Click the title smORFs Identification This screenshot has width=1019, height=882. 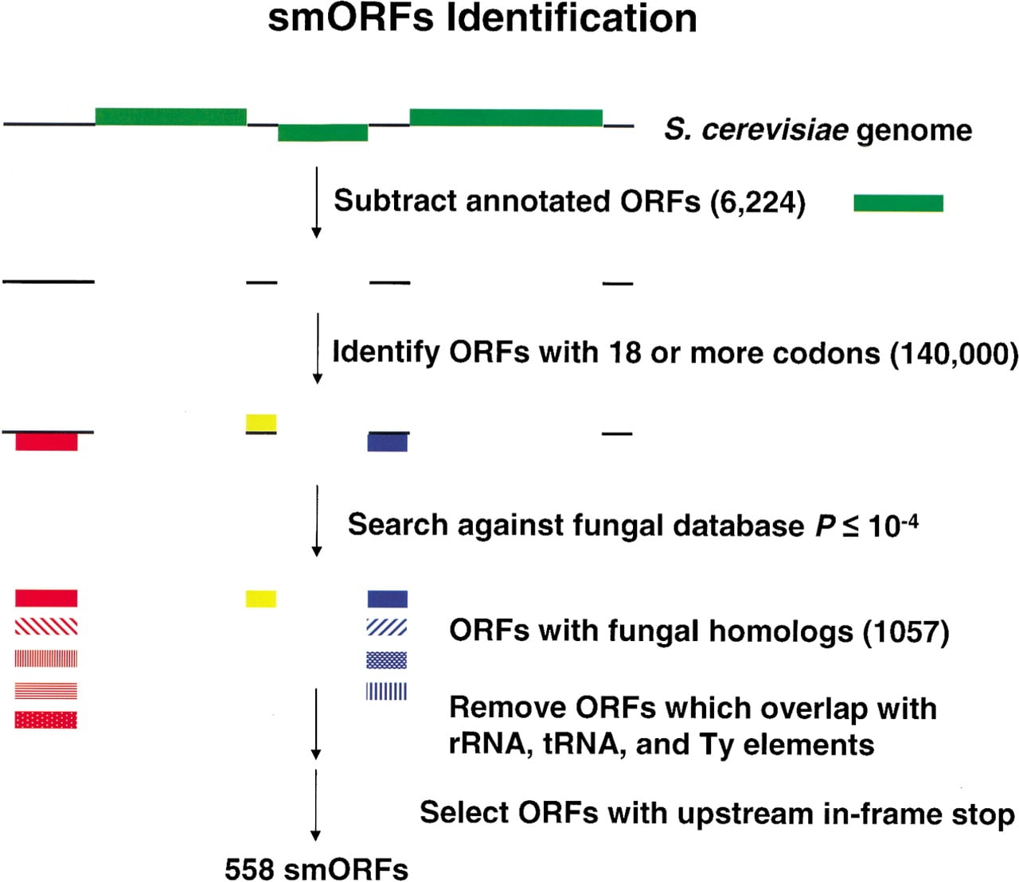(x=482, y=19)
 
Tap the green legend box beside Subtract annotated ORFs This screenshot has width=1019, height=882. (x=898, y=203)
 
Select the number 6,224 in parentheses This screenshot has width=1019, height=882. (x=757, y=202)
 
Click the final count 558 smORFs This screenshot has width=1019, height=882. (x=317, y=869)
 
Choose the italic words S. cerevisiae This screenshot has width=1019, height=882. (x=756, y=130)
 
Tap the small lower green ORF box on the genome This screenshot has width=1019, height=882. (x=323, y=133)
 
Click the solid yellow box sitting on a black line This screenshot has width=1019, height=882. (x=261, y=423)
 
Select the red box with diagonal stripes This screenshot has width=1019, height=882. (x=46, y=627)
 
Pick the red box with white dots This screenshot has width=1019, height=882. (x=46, y=720)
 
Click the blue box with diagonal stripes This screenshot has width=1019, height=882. (x=387, y=628)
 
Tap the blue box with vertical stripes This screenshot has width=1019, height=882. (x=387, y=691)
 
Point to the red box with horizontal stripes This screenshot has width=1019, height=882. (x=46, y=690)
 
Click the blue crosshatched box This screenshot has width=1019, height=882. (x=387, y=660)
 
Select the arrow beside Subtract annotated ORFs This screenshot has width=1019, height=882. (x=317, y=203)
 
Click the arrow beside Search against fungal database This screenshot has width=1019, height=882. (x=317, y=521)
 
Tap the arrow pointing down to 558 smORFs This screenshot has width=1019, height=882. (x=316, y=805)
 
